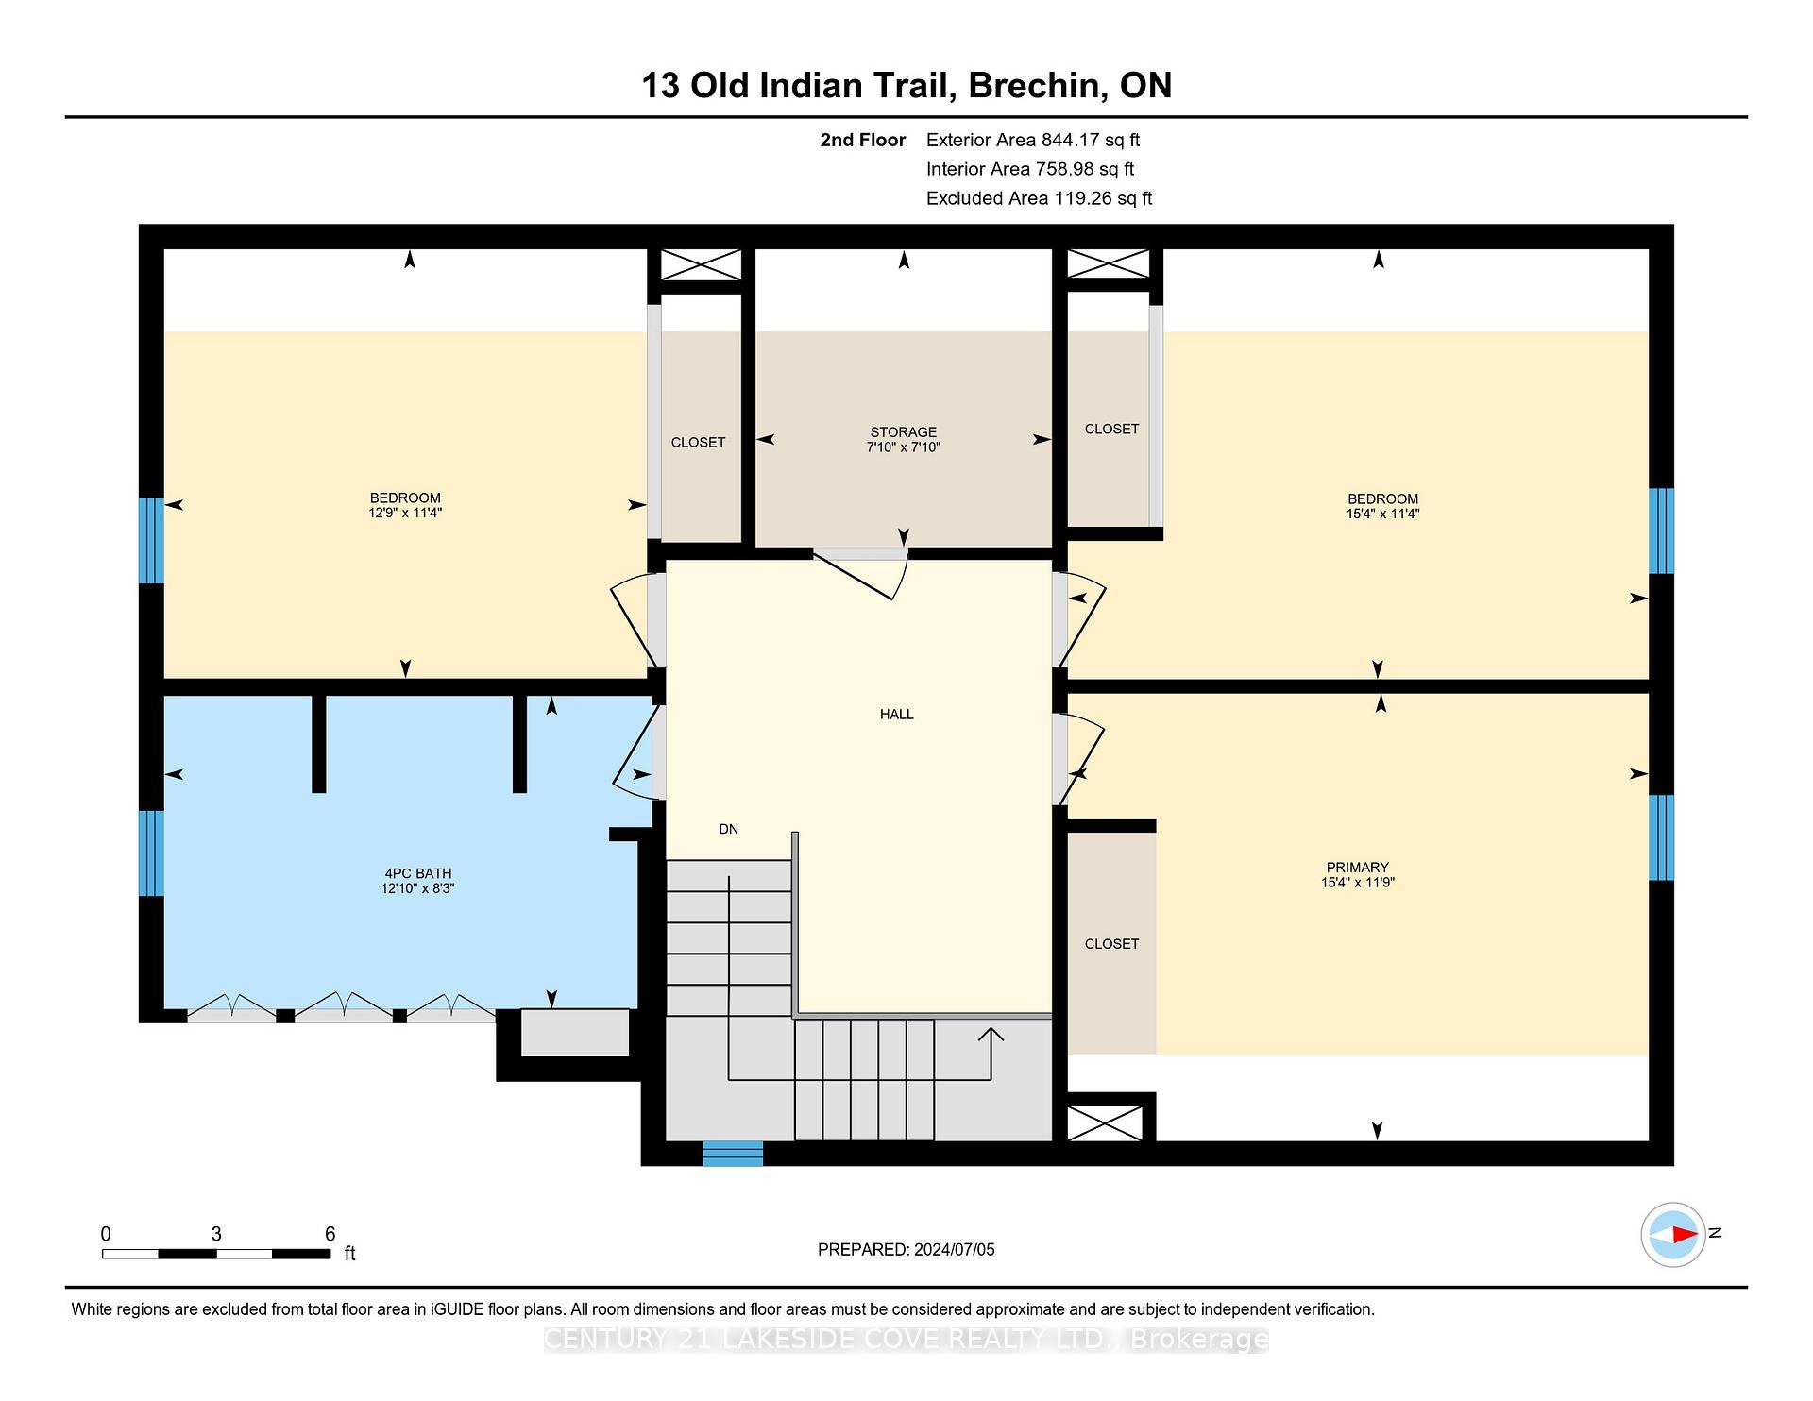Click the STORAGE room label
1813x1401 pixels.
pyautogui.click(x=904, y=432)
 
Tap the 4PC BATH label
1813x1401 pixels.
pyautogui.click(x=417, y=873)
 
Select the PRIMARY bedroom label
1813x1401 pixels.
pyautogui.click(x=1357, y=868)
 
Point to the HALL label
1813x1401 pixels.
pyautogui.click(x=896, y=715)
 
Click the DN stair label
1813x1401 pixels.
pyautogui.click(x=728, y=829)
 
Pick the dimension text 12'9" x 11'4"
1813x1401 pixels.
pyautogui.click(x=405, y=513)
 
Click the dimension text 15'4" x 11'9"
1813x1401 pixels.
pyautogui.click(x=1357, y=883)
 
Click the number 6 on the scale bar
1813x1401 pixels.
pyautogui.click(x=330, y=1233)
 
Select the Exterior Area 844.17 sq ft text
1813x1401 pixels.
pyautogui.click(x=1032, y=140)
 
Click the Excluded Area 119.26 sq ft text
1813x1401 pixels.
pyautogui.click(x=1039, y=198)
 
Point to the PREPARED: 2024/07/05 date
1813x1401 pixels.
pyautogui.click(x=906, y=1249)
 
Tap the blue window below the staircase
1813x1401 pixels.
pyautogui.click(x=733, y=1154)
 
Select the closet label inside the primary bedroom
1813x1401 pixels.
pyautogui.click(x=1111, y=944)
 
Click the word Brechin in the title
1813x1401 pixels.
pyautogui.click(x=1037, y=85)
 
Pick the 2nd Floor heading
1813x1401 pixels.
pyautogui.click(x=862, y=140)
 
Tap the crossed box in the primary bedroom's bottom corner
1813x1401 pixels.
pyautogui.click(x=1105, y=1123)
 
